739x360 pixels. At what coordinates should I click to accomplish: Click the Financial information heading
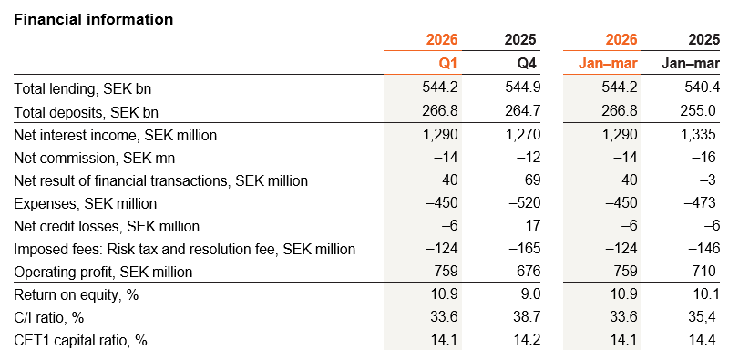pos(94,19)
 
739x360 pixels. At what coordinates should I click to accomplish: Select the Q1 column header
pos(447,63)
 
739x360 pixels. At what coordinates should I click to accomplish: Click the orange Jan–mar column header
pos(608,63)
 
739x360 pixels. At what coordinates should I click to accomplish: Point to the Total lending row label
pos(83,88)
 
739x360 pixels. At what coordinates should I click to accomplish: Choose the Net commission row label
pos(94,158)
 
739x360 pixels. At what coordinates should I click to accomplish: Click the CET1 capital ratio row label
pos(80,340)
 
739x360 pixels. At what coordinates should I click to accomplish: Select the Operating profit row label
pos(103,272)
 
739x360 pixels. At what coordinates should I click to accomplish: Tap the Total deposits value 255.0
pos(696,112)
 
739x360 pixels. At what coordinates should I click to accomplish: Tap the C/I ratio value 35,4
pos(700,317)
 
